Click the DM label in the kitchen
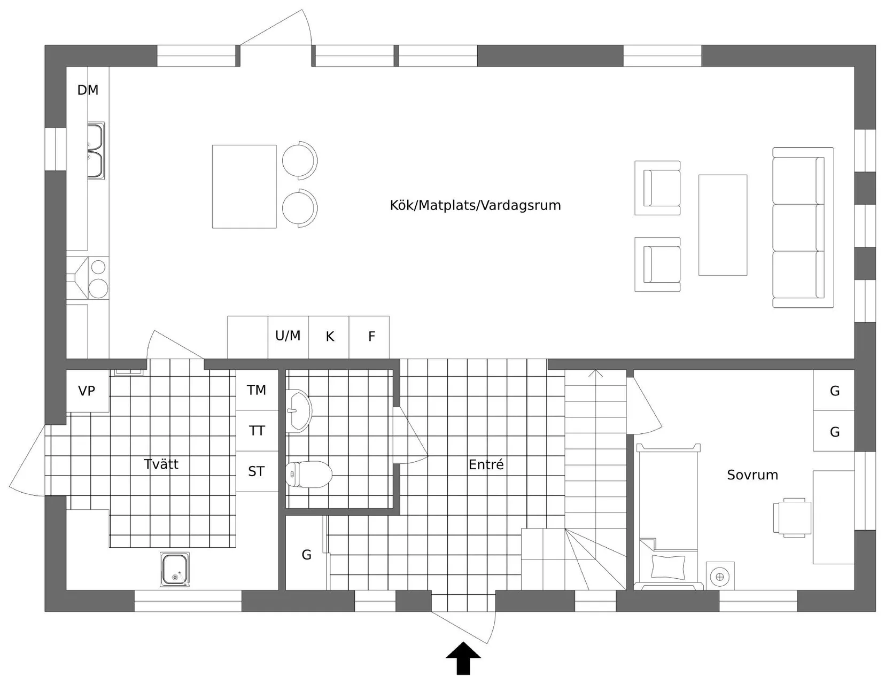pos(88,90)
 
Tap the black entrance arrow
pos(463,659)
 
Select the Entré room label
pos(486,464)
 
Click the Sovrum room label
pos(752,475)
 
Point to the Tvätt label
pos(161,464)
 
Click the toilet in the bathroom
pos(309,475)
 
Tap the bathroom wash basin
pos(299,411)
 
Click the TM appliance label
pos(256,390)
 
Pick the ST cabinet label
pos(256,471)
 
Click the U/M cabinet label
pos(288,336)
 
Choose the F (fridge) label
pos(371,336)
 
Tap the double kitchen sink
pos(96,151)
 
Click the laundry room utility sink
pos(175,569)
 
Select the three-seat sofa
pos(803,228)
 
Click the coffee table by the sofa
pos(723,225)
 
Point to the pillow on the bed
pos(668,567)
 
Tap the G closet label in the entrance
pos(306,555)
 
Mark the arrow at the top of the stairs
pos(595,374)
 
